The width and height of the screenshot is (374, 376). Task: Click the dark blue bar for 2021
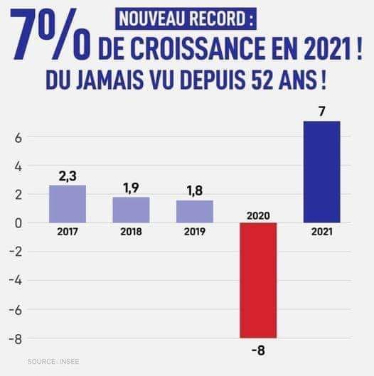[x=321, y=172]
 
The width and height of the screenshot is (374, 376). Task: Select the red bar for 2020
[x=258, y=280]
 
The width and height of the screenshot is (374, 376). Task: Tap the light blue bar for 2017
[x=68, y=204]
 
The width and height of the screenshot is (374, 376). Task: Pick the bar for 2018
[x=131, y=210]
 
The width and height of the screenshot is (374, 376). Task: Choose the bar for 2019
[x=195, y=212]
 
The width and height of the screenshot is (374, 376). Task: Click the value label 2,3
[x=68, y=176]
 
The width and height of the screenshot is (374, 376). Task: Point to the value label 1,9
[x=132, y=188]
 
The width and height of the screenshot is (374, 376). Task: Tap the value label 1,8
[x=195, y=191]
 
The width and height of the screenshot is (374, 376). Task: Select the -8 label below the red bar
[x=258, y=350]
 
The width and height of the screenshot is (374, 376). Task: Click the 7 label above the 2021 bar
[x=321, y=112]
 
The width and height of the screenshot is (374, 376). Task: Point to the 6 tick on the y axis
[x=18, y=139]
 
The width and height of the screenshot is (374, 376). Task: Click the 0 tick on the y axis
[x=18, y=223]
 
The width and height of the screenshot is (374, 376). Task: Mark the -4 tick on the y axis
[x=16, y=281]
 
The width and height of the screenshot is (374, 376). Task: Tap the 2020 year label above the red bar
[x=258, y=216]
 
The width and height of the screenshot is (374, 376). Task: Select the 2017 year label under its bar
[x=68, y=232]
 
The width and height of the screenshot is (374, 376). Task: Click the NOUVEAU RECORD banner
[x=186, y=19]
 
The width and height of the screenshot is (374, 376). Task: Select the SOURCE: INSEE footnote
[x=53, y=361]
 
